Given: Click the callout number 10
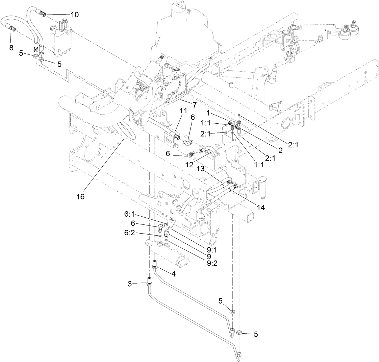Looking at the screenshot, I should click(x=74, y=15).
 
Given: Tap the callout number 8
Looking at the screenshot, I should click(x=11, y=48).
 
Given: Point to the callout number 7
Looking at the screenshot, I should click(x=194, y=105).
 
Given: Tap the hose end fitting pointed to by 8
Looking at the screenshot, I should click(x=12, y=28).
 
